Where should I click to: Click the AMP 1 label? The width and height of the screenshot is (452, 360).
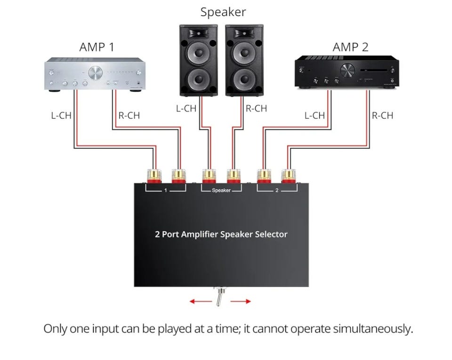[x=97, y=47]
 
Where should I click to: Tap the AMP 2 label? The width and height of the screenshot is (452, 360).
[x=350, y=47]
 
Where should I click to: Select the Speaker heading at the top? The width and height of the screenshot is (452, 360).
[x=223, y=12]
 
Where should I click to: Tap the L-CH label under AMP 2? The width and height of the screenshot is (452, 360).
[x=315, y=115]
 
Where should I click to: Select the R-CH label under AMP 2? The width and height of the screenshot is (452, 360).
[x=382, y=115]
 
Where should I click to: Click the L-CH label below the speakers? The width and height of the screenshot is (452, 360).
[x=186, y=109]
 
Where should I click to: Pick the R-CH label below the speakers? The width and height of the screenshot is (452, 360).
[x=256, y=109]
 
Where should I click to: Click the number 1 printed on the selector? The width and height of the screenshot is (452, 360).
[x=165, y=190]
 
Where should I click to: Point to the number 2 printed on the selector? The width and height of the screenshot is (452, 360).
[x=277, y=190]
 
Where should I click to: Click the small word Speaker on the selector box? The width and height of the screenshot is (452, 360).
[x=221, y=190]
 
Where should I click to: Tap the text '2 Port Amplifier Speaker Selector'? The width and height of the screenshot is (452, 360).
[x=221, y=234]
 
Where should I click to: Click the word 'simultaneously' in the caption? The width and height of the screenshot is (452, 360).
[x=372, y=328]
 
